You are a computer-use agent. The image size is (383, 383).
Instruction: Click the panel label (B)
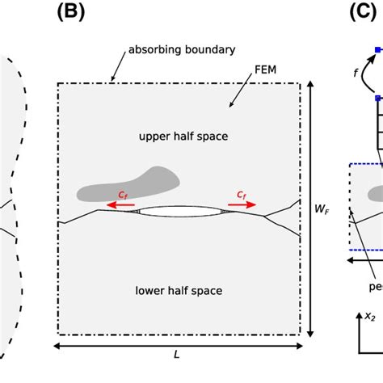coord(70,14)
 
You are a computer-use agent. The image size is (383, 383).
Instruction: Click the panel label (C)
coord(365,14)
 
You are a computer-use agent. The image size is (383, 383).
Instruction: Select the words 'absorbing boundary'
coord(182,50)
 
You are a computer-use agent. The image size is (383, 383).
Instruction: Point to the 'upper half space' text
coord(183,137)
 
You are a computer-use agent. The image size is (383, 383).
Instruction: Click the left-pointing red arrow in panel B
coord(121,205)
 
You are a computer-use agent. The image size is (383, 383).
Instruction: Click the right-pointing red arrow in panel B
coord(241,205)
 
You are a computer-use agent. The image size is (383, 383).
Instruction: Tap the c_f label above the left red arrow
coord(122,195)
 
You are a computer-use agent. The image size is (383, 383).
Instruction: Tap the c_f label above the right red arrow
coord(242,195)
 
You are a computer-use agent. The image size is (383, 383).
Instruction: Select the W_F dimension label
coord(321,208)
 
